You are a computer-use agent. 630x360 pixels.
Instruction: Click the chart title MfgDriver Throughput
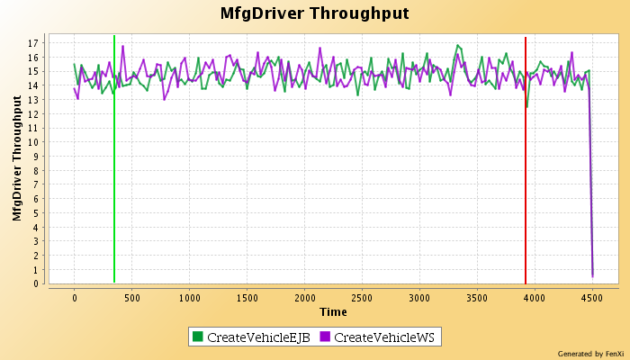314,13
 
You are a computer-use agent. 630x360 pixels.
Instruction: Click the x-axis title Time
333,311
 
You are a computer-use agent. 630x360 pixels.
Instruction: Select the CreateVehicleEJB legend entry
253,337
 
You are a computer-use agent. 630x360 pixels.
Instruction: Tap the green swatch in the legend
197,337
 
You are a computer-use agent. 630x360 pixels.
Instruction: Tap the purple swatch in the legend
325,337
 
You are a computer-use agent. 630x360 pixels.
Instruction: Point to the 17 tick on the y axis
32,43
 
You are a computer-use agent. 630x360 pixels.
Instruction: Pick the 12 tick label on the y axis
32,113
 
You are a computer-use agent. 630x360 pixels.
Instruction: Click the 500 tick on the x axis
131,297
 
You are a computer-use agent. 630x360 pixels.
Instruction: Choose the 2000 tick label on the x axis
304,297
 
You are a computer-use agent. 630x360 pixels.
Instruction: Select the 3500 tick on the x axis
477,297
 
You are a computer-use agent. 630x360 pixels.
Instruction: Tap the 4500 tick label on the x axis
592,297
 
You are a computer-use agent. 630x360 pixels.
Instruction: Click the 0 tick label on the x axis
75,297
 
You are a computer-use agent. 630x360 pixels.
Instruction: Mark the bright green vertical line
114,180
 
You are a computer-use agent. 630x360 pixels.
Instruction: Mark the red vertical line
526,180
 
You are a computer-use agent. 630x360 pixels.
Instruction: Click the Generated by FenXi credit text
590,353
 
